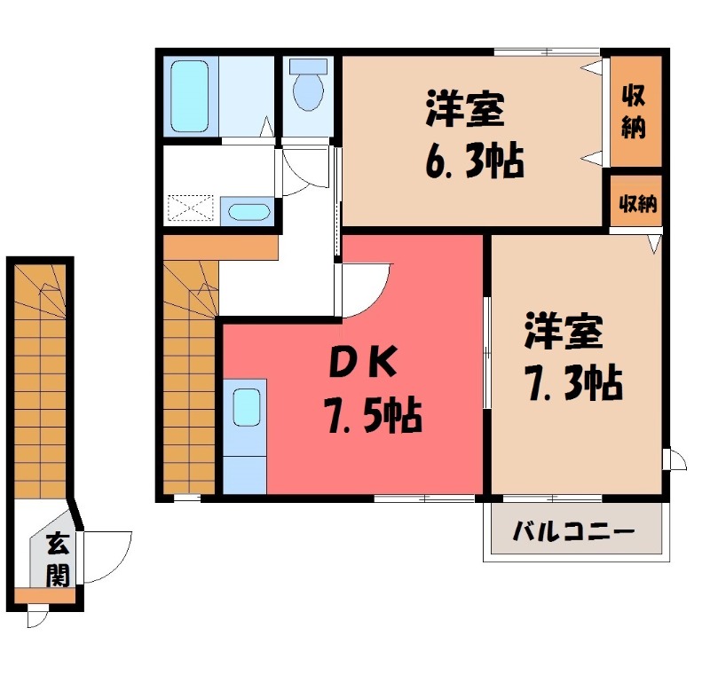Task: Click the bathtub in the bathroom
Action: (190, 96)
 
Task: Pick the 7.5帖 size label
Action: (373, 414)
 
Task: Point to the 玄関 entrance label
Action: (57, 558)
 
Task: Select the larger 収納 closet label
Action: (634, 110)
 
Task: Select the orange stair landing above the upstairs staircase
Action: (220, 246)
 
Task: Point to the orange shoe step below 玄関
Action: (44, 595)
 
